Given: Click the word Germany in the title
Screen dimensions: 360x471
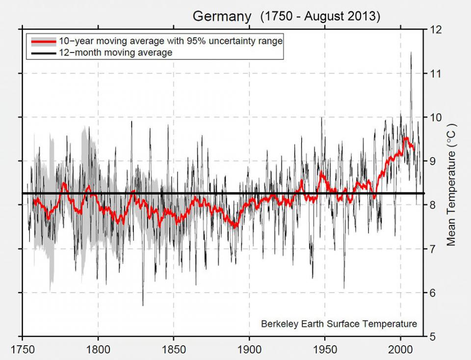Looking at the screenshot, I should click(x=221, y=16).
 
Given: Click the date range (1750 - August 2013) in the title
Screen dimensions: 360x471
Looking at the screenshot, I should click(x=320, y=16).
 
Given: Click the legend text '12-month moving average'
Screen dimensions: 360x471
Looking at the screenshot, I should click(x=115, y=53).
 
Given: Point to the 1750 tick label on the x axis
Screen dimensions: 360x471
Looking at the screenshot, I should click(x=23, y=349).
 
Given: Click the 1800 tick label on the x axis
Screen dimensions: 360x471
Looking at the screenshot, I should click(x=98, y=349).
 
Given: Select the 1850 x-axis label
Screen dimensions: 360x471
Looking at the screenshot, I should click(x=174, y=349).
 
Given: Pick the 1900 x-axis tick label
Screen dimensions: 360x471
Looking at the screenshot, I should click(x=249, y=349).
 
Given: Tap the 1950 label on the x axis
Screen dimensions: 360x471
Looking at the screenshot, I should click(x=325, y=349).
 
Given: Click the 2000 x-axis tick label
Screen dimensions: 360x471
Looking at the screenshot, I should click(x=401, y=349).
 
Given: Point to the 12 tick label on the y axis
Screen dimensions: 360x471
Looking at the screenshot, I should click(x=435, y=29).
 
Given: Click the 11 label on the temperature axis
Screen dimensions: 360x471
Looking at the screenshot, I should click(x=435, y=73).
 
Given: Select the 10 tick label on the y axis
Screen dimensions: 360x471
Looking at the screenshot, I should click(x=435, y=117).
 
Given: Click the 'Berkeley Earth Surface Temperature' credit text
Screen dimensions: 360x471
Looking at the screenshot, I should click(x=339, y=324).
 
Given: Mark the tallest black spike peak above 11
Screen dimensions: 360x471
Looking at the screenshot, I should click(x=411, y=53).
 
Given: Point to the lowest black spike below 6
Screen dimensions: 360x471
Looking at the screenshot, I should click(x=143, y=305).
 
